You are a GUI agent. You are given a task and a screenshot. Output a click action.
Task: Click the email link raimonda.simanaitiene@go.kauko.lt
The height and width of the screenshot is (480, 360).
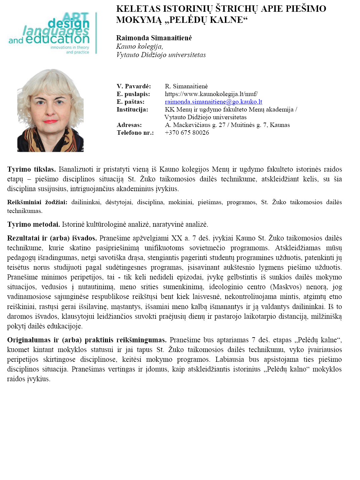point(213,102)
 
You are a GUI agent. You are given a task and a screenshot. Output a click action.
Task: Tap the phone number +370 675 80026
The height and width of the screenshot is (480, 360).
point(187,133)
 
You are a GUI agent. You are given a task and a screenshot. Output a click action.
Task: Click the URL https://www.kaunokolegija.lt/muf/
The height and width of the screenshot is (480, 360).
point(211,94)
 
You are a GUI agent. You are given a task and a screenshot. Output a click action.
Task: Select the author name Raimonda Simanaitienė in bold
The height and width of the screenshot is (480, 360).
point(154,38)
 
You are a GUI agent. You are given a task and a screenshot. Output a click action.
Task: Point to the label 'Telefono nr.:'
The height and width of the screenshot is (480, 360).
point(135,133)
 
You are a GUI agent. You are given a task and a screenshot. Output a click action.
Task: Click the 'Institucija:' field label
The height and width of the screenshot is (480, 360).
point(132,110)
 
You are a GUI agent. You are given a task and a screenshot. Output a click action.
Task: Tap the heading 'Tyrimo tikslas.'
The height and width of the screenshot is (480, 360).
point(32,169)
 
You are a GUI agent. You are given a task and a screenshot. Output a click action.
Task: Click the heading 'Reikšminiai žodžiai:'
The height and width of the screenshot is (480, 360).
point(37,202)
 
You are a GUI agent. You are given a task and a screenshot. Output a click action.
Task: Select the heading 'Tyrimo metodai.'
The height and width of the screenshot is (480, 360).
point(34,224)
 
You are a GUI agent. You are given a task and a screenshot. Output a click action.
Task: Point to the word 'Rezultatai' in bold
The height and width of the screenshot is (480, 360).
point(23,238)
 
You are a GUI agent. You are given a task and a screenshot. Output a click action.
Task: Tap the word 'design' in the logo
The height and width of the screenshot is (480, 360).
point(69,24)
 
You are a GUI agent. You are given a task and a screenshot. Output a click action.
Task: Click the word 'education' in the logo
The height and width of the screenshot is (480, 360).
point(57,39)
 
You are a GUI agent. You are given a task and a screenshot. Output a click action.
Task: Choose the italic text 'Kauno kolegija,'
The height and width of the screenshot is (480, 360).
point(139,46)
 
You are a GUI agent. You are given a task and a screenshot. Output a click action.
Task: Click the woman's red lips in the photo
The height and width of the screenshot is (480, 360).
point(50,121)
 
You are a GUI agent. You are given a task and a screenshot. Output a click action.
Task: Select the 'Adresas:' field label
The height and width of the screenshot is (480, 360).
point(129,125)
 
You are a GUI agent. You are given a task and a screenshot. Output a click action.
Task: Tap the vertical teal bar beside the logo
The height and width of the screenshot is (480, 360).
point(96,33)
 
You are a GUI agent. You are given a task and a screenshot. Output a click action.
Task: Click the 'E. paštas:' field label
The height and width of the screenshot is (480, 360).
point(130,102)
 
